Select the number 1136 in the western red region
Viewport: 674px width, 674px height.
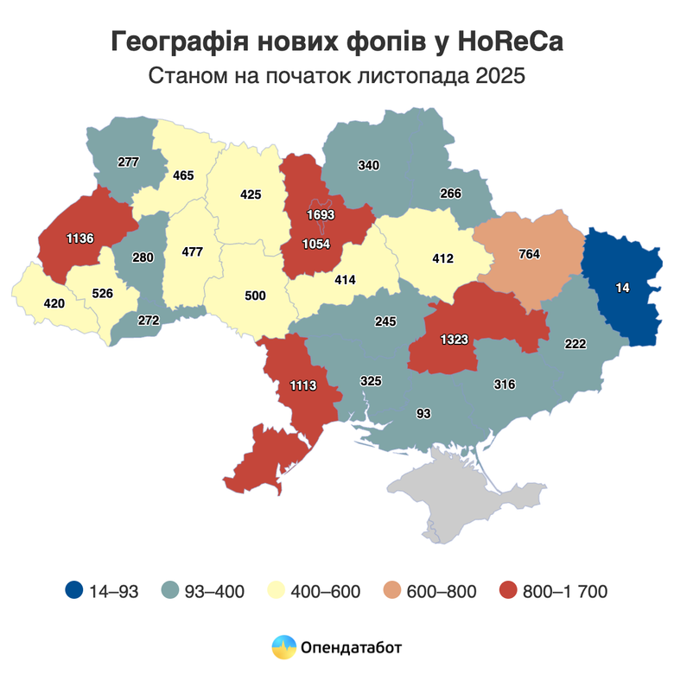click(x=79, y=237)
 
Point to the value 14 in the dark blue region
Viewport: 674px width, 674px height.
click(x=622, y=288)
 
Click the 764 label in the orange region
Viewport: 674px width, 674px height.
click(x=529, y=254)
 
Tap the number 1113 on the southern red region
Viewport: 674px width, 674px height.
click(x=304, y=387)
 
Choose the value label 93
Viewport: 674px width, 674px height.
click(x=423, y=414)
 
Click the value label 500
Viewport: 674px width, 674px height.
click(x=255, y=296)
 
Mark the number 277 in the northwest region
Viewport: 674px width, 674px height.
click(x=128, y=162)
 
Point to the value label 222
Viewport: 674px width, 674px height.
click(x=575, y=344)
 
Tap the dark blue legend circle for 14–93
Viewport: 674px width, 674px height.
click(x=74, y=591)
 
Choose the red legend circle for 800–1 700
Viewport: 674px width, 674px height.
click(x=510, y=591)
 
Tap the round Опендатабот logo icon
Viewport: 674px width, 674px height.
click(x=283, y=645)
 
